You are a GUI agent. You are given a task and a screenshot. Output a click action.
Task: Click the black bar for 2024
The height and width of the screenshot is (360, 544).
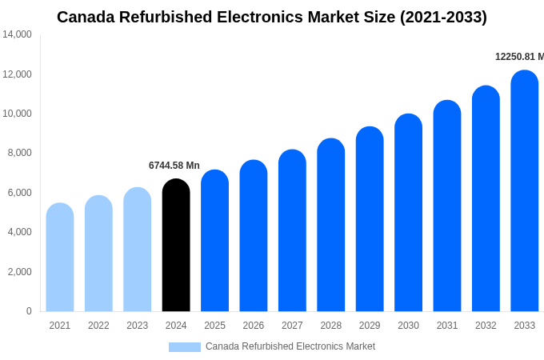coord(176,246)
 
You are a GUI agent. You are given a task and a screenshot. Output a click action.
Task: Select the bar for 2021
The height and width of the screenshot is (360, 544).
coord(60,258)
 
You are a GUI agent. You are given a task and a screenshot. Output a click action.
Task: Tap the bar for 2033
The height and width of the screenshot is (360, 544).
coord(524,191)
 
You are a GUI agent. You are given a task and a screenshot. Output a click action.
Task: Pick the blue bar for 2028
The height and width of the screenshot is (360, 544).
coord(330,225)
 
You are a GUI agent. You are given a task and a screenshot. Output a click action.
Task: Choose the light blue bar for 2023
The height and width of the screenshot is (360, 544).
coord(137,250)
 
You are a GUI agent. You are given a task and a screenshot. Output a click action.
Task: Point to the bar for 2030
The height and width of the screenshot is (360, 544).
coord(408,213)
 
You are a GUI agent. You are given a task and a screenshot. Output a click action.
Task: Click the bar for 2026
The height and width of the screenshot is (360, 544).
coord(254,236)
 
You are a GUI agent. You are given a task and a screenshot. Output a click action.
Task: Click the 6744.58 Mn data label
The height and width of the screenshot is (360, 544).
coord(174,166)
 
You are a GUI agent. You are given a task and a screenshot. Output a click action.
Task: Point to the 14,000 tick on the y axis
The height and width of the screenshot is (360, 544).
coord(17,34)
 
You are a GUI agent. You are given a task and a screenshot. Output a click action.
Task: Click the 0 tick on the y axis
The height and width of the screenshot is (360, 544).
coord(29,311)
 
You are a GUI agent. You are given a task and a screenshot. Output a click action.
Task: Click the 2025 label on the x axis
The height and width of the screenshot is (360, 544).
coord(214,326)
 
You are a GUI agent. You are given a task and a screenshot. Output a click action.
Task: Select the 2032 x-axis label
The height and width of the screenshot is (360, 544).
coord(486,326)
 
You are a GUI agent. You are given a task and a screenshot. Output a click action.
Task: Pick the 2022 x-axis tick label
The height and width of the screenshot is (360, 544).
coord(98,326)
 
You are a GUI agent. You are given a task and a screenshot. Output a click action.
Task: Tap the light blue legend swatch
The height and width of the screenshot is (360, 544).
coord(184,346)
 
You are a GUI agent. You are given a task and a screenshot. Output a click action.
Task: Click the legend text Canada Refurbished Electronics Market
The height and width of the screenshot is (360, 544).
coord(290,346)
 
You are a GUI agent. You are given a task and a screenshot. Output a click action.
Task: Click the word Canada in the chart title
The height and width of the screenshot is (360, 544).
coord(86,17)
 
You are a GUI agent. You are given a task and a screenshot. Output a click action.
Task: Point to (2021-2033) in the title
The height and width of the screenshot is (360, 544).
coord(443,17)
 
